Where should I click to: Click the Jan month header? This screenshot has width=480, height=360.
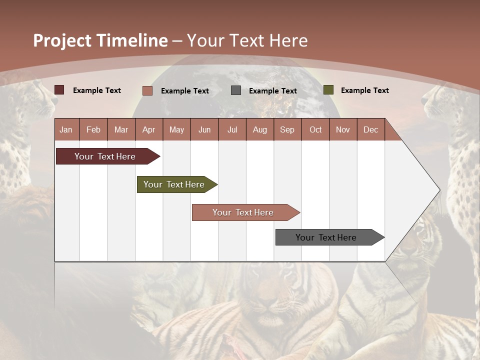point(66,129)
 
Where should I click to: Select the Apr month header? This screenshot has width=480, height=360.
point(148,129)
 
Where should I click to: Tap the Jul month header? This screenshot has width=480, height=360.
point(232,129)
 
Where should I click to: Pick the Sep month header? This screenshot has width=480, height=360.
point(287,129)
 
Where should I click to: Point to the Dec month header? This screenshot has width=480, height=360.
point(370,129)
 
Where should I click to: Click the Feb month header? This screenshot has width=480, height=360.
point(93,129)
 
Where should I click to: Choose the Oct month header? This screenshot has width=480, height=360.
point(315,129)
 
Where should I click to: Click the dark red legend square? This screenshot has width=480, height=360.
point(59,90)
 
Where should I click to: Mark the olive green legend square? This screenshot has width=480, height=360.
point(328,90)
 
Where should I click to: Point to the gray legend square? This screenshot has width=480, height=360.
point(236,90)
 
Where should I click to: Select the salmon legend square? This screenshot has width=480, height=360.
point(147,90)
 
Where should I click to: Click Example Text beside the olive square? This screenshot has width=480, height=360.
point(364,90)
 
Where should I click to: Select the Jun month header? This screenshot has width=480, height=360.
point(204,129)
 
